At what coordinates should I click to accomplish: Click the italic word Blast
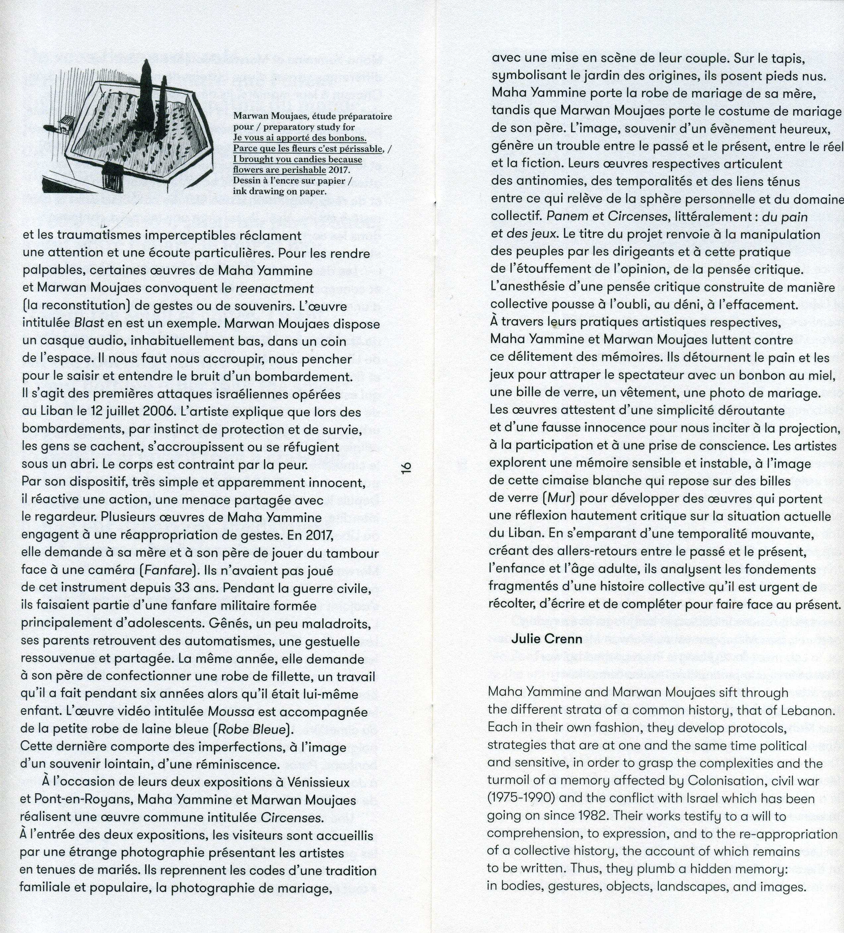89,323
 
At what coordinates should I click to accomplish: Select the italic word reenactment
275,288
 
